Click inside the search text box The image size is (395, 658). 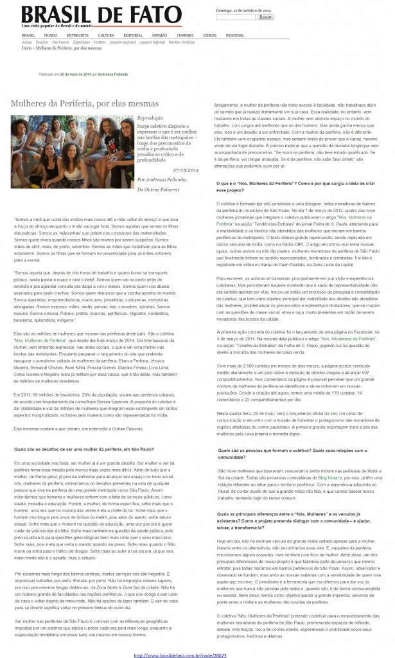(236, 17)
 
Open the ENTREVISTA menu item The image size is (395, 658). (77, 35)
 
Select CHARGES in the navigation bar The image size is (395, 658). (185, 35)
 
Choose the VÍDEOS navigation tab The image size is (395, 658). (209, 35)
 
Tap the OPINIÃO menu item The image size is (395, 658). (160, 35)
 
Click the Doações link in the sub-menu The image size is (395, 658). (40, 42)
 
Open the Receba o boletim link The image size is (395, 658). (182, 42)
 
